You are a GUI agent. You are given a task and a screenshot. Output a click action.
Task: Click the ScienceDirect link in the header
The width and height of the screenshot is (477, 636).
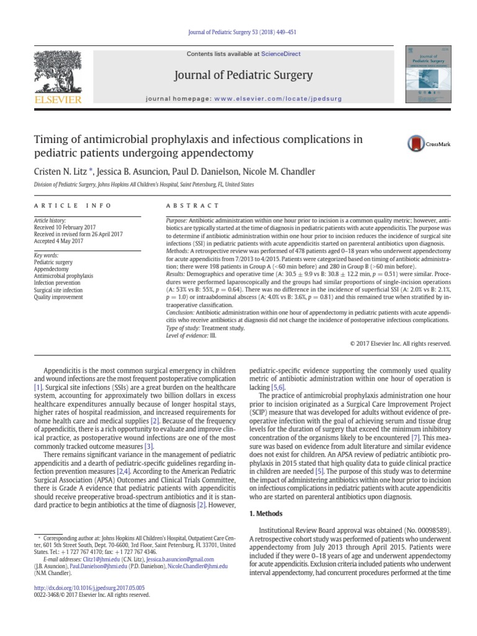pyautogui.click(x=280, y=54)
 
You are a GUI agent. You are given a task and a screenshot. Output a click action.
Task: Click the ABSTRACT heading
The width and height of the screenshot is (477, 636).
pyautogui.click(x=193, y=206)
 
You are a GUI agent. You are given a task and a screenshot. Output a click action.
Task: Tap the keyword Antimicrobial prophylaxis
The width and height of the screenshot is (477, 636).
pyautogui.click(x=63, y=275)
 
